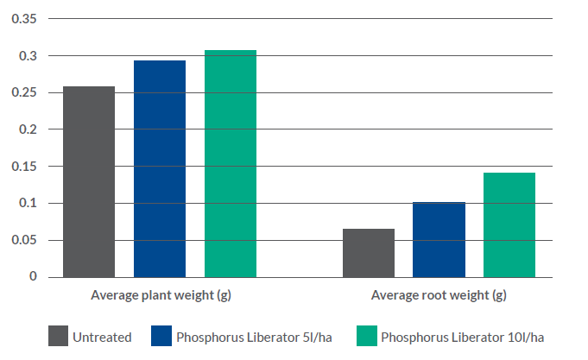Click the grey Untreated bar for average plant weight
(x=89, y=181)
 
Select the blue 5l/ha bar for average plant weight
(x=160, y=168)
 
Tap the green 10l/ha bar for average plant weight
(x=231, y=163)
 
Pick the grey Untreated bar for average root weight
(x=369, y=253)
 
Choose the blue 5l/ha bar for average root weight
(x=439, y=239)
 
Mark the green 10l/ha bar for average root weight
(x=509, y=224)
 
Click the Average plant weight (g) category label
(x=161, y=296)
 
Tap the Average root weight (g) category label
(x=439, y=296)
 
